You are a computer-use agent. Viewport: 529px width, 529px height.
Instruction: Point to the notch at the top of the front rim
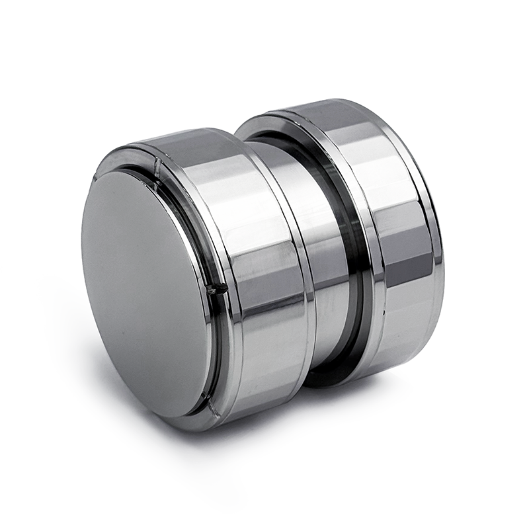[157, 165]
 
